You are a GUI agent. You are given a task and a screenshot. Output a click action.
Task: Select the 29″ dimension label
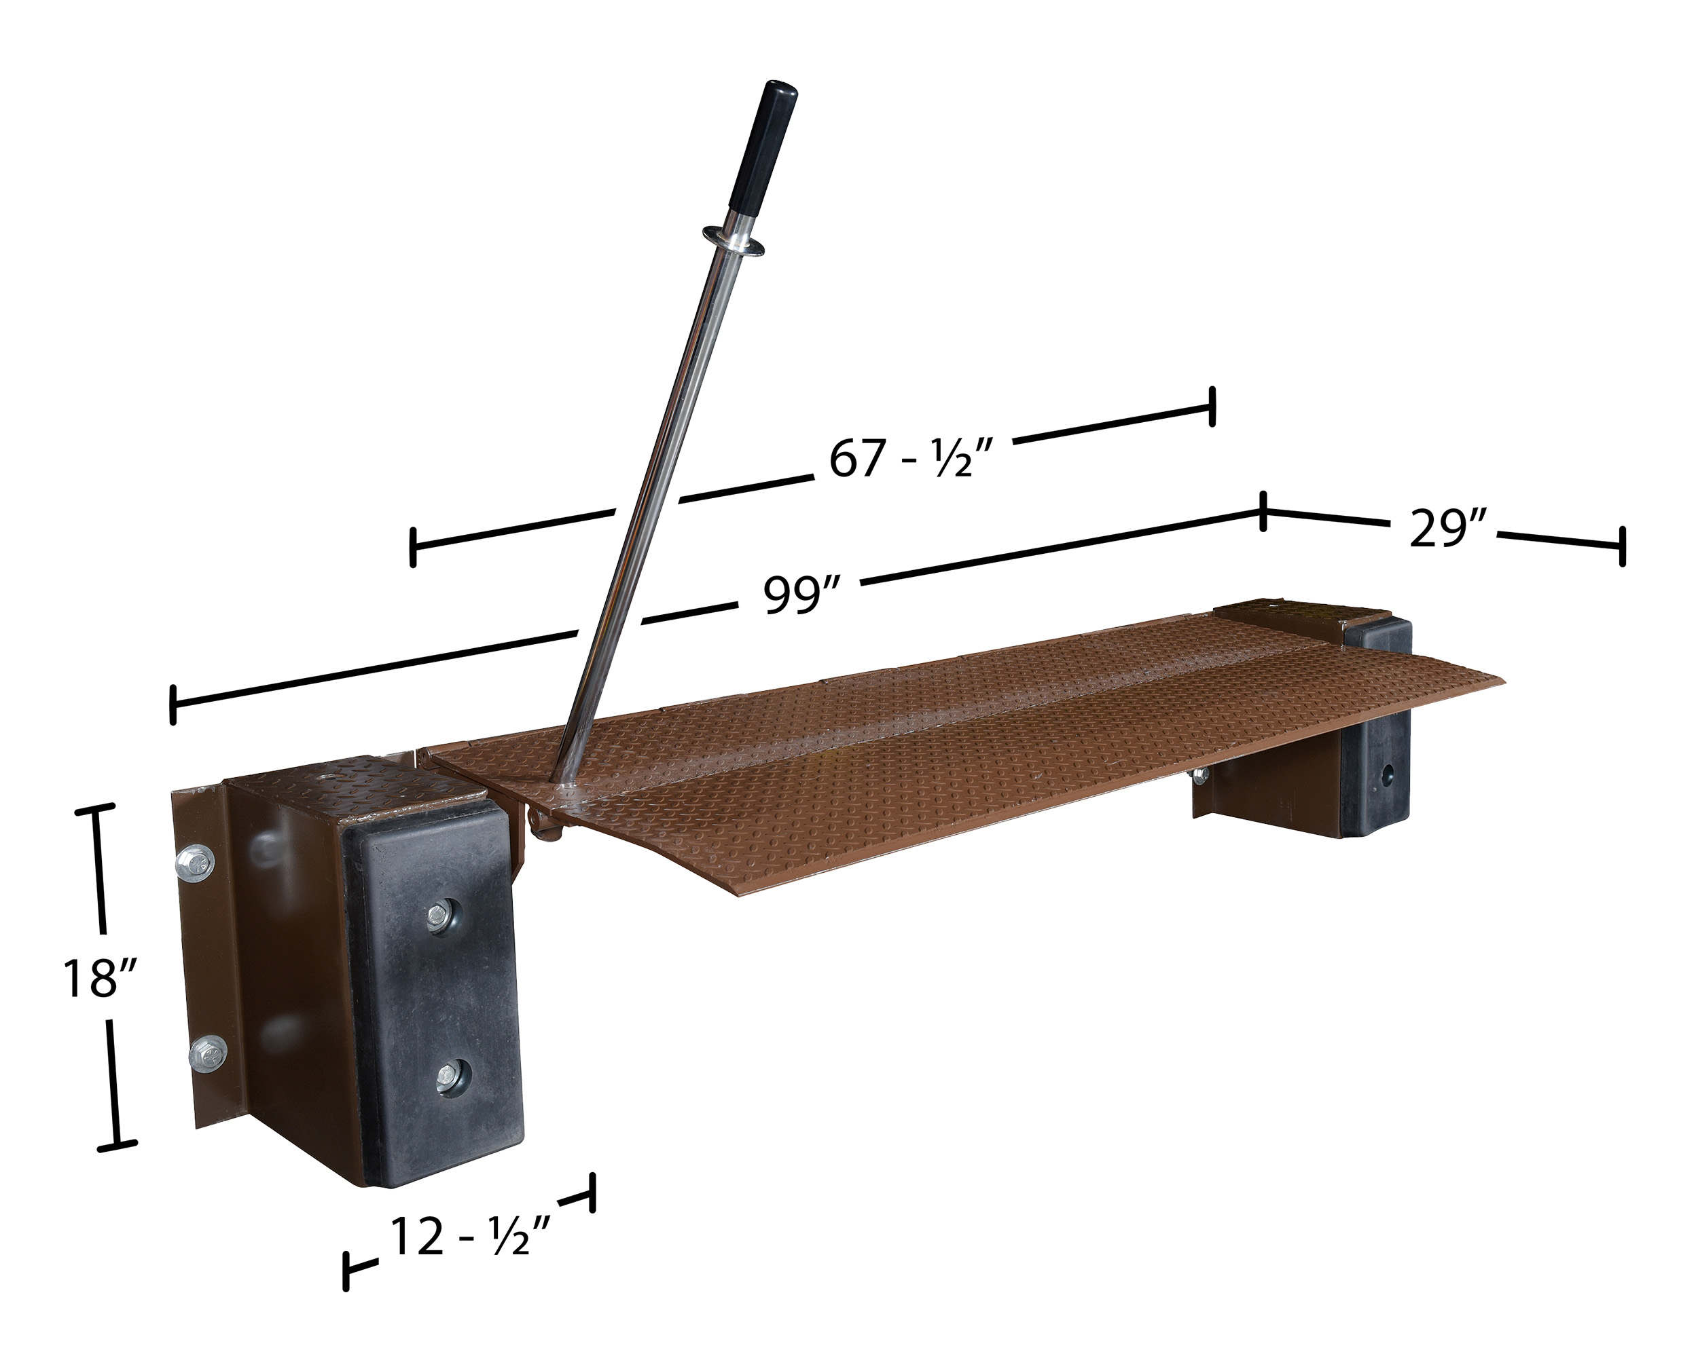[x=1448, y=527]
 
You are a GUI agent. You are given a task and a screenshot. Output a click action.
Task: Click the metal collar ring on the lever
[x=734, y=240]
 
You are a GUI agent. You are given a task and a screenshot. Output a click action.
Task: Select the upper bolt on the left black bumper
[x=439, y=916]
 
